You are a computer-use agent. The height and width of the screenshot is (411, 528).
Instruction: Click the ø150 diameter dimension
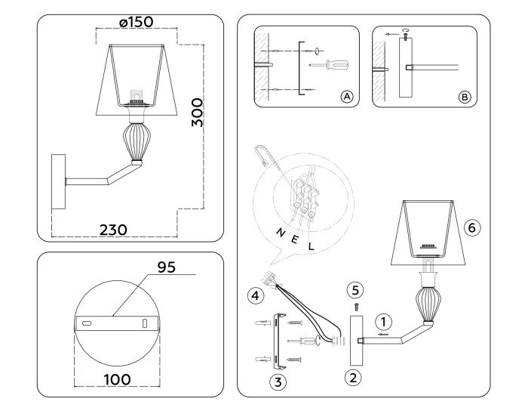pos(137,23)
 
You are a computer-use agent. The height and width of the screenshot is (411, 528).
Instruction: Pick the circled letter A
pos(348,97)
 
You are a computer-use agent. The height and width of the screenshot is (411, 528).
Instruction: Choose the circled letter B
pos(465,97)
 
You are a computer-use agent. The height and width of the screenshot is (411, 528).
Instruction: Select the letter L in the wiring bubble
pos(311,248)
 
